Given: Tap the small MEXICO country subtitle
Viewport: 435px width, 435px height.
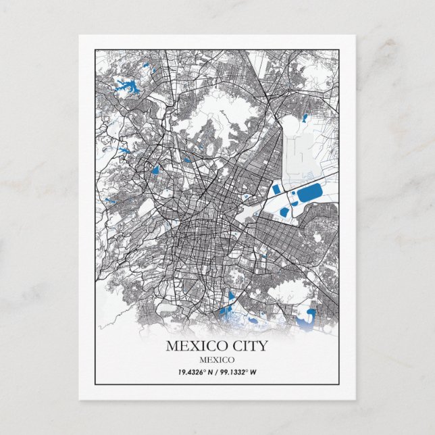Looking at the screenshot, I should coord(217,359).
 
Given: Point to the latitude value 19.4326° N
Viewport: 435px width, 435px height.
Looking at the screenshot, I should coord(196,372).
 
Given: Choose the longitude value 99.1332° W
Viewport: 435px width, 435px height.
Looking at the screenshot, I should coord(239,372).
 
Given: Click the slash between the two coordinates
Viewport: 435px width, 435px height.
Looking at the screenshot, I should coord(217,372).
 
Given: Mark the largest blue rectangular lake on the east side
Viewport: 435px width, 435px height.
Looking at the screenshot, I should coord(312,197).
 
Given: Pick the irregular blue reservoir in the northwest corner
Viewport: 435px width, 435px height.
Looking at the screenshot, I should coord(127,86).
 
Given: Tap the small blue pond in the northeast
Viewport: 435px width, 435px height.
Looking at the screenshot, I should coord(305,118).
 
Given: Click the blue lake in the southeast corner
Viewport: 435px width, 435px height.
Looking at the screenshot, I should coord(310,315).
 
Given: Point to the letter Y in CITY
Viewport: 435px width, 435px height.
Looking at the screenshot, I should coord(262,347).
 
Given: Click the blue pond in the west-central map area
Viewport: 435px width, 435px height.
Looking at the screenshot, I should coord(156,171).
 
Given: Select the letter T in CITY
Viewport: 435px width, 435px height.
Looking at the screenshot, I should coord(252,347).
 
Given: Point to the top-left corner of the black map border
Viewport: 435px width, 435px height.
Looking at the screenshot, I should coord(95,49).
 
